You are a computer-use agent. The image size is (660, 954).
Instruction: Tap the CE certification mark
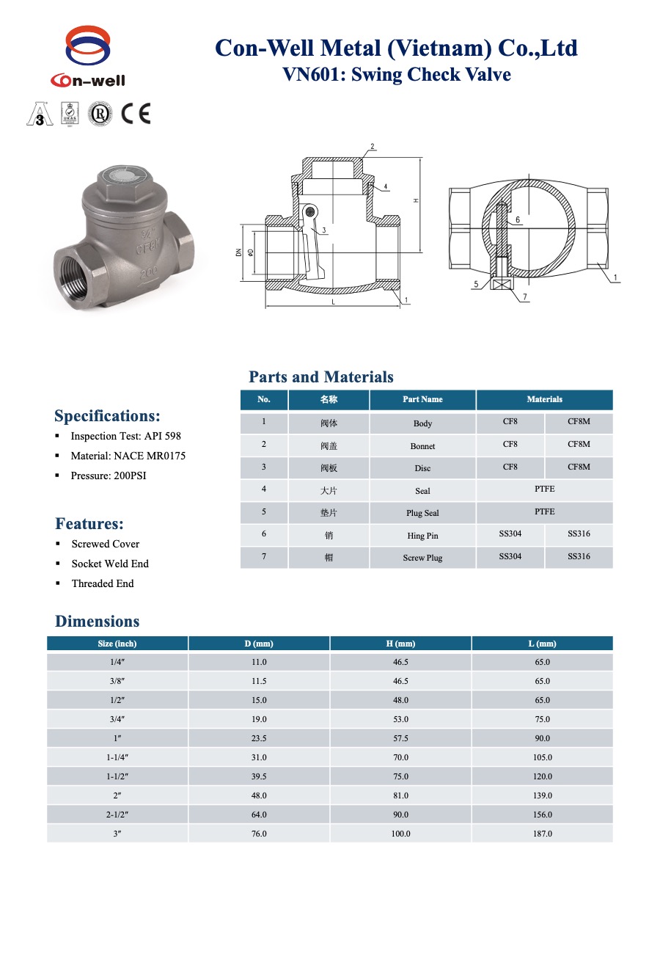point(136,114)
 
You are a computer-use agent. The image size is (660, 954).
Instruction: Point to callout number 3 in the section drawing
point(323,230)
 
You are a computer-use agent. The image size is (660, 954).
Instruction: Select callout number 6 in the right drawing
point(518,219)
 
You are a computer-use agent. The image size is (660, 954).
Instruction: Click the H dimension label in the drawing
point(415,199)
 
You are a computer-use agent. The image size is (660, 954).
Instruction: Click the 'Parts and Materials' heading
point(320,377)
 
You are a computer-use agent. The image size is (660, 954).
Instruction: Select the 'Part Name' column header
point(422,399)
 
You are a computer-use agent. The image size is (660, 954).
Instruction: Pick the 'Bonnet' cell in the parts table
point(422,446)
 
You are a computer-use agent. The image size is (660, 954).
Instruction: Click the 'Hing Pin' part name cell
point(422,536)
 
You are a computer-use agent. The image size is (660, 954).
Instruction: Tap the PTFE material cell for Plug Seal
point(544,511)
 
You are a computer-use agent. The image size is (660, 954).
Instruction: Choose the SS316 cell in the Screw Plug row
point(579,556)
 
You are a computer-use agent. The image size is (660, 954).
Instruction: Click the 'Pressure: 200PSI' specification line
point(108,476)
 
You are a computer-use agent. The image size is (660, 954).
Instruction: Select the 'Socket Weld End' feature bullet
point(110,564)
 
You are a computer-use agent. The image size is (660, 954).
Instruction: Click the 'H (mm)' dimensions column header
point(400,644)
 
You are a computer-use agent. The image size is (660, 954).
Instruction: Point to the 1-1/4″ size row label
point(117,757)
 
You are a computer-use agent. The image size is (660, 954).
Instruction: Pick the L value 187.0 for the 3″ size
point(542,834)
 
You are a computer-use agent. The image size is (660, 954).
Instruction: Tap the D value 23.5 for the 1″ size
point(259,738)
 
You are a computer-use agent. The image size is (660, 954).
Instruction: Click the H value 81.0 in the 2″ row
point(400,795)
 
